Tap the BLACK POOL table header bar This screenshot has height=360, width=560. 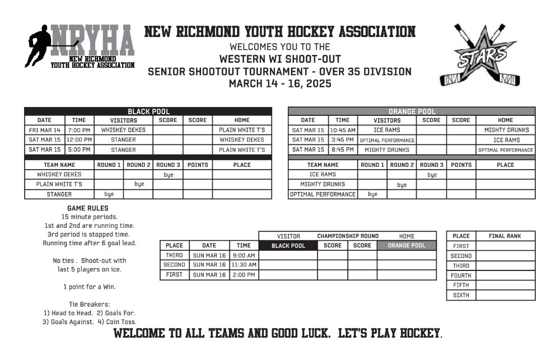click(x=148, y=111)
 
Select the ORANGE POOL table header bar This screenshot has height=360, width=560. click(x=412, y=111)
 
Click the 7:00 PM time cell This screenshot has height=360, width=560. click(x=79, y=130)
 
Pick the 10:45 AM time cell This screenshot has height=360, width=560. click(x=342, y=130)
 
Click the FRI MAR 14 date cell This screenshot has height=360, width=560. click(x=44, y=130)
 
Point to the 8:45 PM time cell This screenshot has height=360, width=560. click(x=342, y=150)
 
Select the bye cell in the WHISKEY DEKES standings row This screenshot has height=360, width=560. click(x=168, y=175)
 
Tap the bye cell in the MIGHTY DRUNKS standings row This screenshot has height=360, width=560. click(x=402, y=185)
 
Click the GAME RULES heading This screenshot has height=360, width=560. click(x=87, y=208)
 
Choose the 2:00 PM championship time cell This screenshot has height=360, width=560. click(x=244, y=275)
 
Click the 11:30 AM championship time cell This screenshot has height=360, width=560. click(x=244, y=265)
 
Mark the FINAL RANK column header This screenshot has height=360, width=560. click(x=505, y=236)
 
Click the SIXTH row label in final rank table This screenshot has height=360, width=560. click(x=461, y=295)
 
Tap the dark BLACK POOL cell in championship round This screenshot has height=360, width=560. click(x=288, y=245)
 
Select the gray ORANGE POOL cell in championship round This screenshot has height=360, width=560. click(x=407, y=245)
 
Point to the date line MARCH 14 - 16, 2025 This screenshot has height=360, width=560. click(x=280, y=84)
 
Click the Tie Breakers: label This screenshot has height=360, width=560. click(x=89, y=304)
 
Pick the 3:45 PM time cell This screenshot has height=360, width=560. click(x=342, y=140)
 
